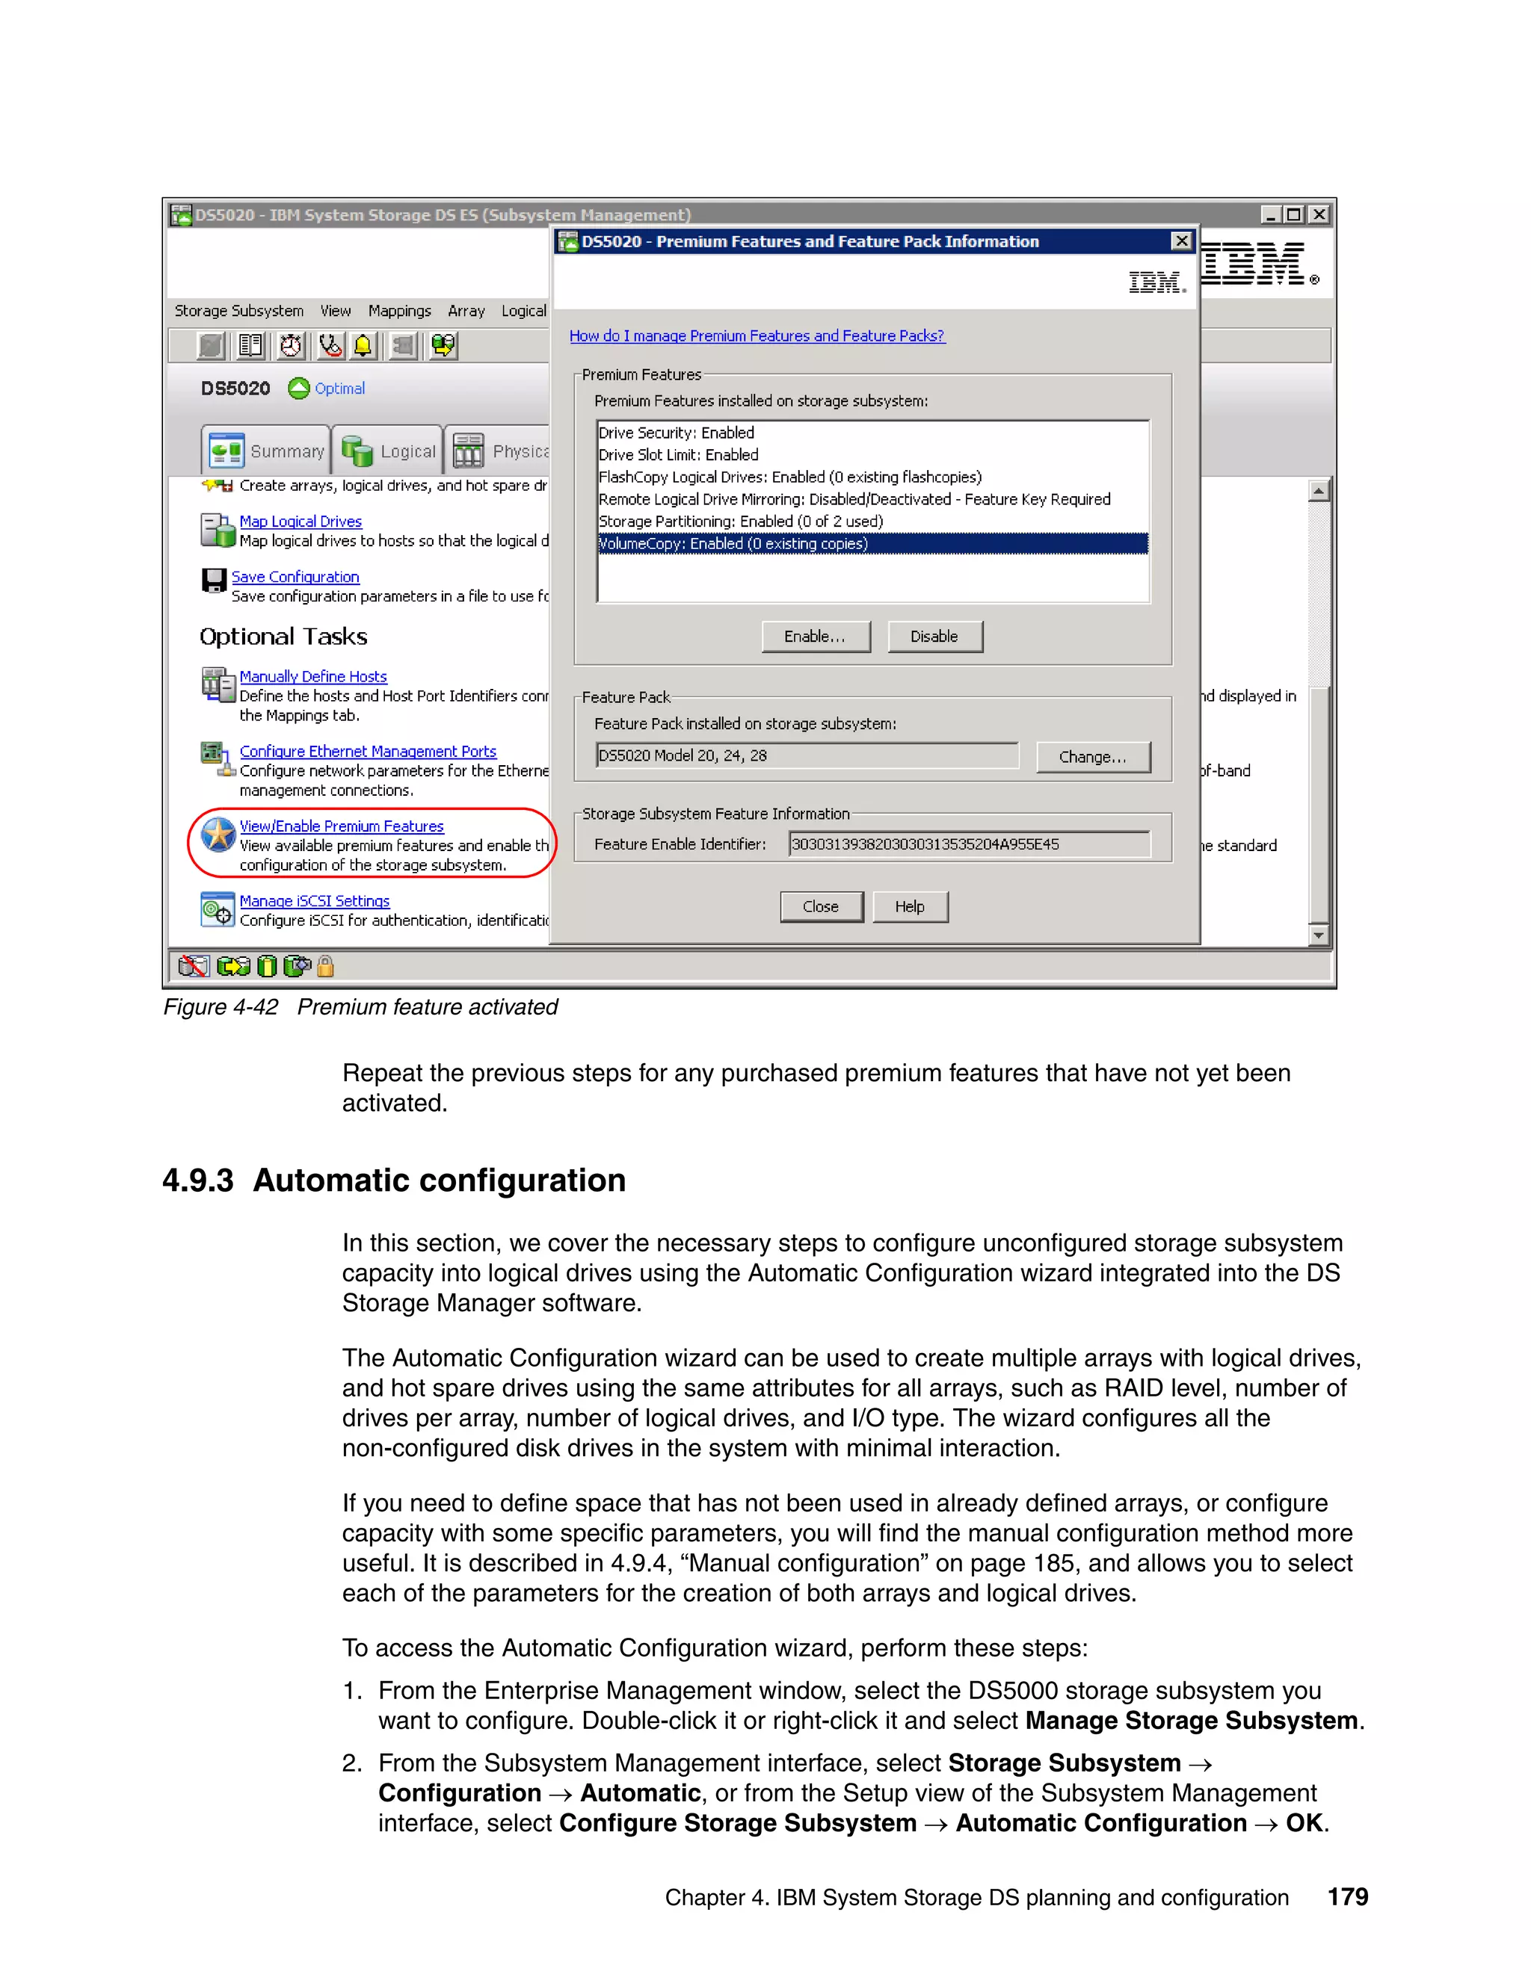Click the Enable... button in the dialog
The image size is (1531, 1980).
tap(815, 637)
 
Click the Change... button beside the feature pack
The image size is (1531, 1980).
tap(1092, 757)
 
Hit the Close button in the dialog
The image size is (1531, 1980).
tap(821, 906)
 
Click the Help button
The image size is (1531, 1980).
tap(909, 906)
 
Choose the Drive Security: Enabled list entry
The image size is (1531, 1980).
tap(676, 433)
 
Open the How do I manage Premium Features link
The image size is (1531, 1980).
tap(757, 336)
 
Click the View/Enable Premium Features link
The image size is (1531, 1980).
tap(341, 826)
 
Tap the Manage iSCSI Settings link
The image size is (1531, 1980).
tap(314, 901)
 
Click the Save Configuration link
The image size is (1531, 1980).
tap(295, 578)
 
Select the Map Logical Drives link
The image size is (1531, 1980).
tap(301, 522)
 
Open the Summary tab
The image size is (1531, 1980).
tap(267, 451)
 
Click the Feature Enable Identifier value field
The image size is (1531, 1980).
tap(968, 844)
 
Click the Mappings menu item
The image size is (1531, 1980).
tap(399, 311)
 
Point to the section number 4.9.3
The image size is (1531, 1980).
tap(197, 1181)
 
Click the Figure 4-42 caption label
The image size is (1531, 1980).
tap(221, 1007)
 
